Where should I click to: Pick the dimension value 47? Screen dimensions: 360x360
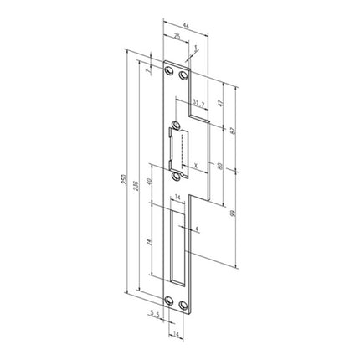click(219, 103)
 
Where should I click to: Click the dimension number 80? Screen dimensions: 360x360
click(220, 167)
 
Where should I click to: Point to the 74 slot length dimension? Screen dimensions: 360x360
click(149, 243)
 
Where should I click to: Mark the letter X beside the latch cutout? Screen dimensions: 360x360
click(194, 167)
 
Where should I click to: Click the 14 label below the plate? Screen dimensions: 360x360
click(177, 333)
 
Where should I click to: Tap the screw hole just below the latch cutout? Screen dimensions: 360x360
click(176, 177)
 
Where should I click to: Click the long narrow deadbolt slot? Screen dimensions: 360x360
click(177, 244)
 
